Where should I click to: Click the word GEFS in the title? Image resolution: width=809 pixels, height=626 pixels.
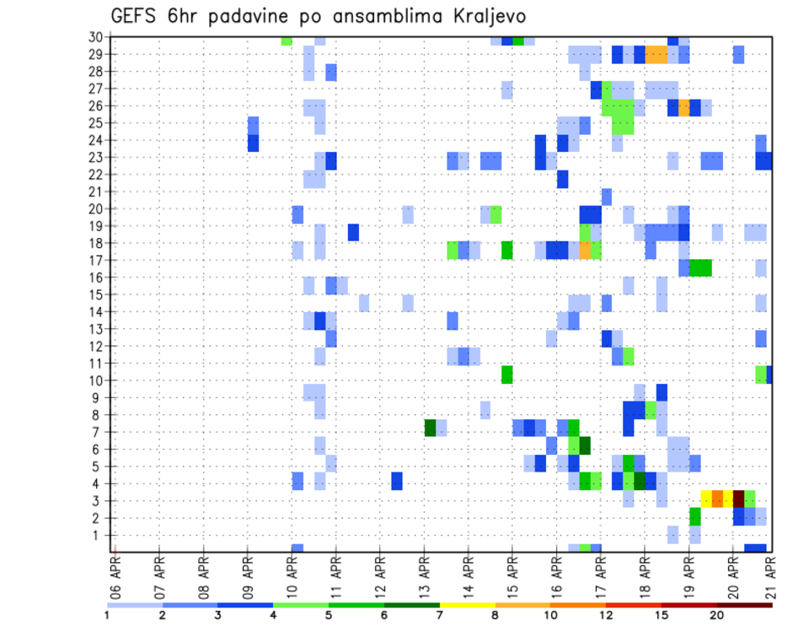click(x=135, y=17)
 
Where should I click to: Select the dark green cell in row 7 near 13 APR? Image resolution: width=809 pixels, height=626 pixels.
click(x=430, y=429)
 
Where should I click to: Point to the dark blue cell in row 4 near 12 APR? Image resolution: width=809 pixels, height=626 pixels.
click(x=397, y=481)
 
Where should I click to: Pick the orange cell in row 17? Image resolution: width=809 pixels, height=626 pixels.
click(x=585, y=251)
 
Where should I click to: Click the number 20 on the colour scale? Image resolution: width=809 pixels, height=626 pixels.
click(x=716, y=615)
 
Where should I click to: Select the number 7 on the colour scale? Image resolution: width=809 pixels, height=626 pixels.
click(x=439, y=615)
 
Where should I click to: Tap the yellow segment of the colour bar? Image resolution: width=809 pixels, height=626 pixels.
click(x=467, y=604)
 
